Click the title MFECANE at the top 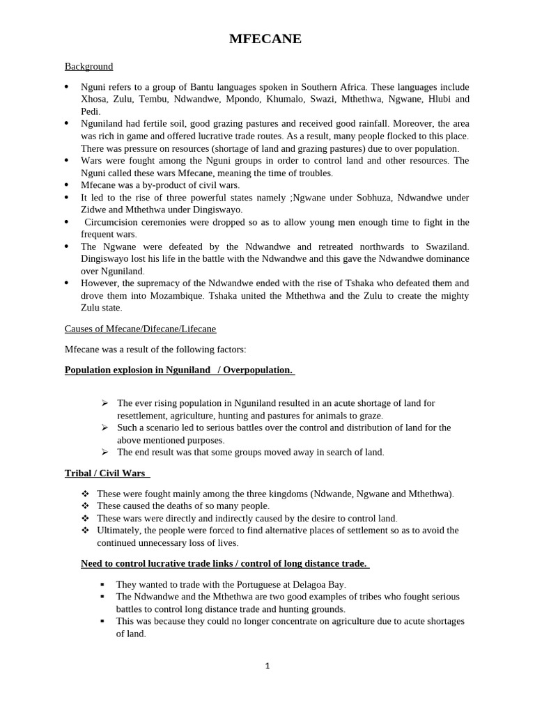coord(265,40)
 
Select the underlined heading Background coord(88,67)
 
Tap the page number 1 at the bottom coord(267,666)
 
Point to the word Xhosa coord(95,100)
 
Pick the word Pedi coord(91,111)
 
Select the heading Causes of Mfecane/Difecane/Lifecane coord(145,328)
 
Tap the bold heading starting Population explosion coord(179,370)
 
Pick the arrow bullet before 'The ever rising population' coord(104,403)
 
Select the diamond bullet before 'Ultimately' coord(86,531)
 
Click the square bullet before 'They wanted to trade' coord(103,585)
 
